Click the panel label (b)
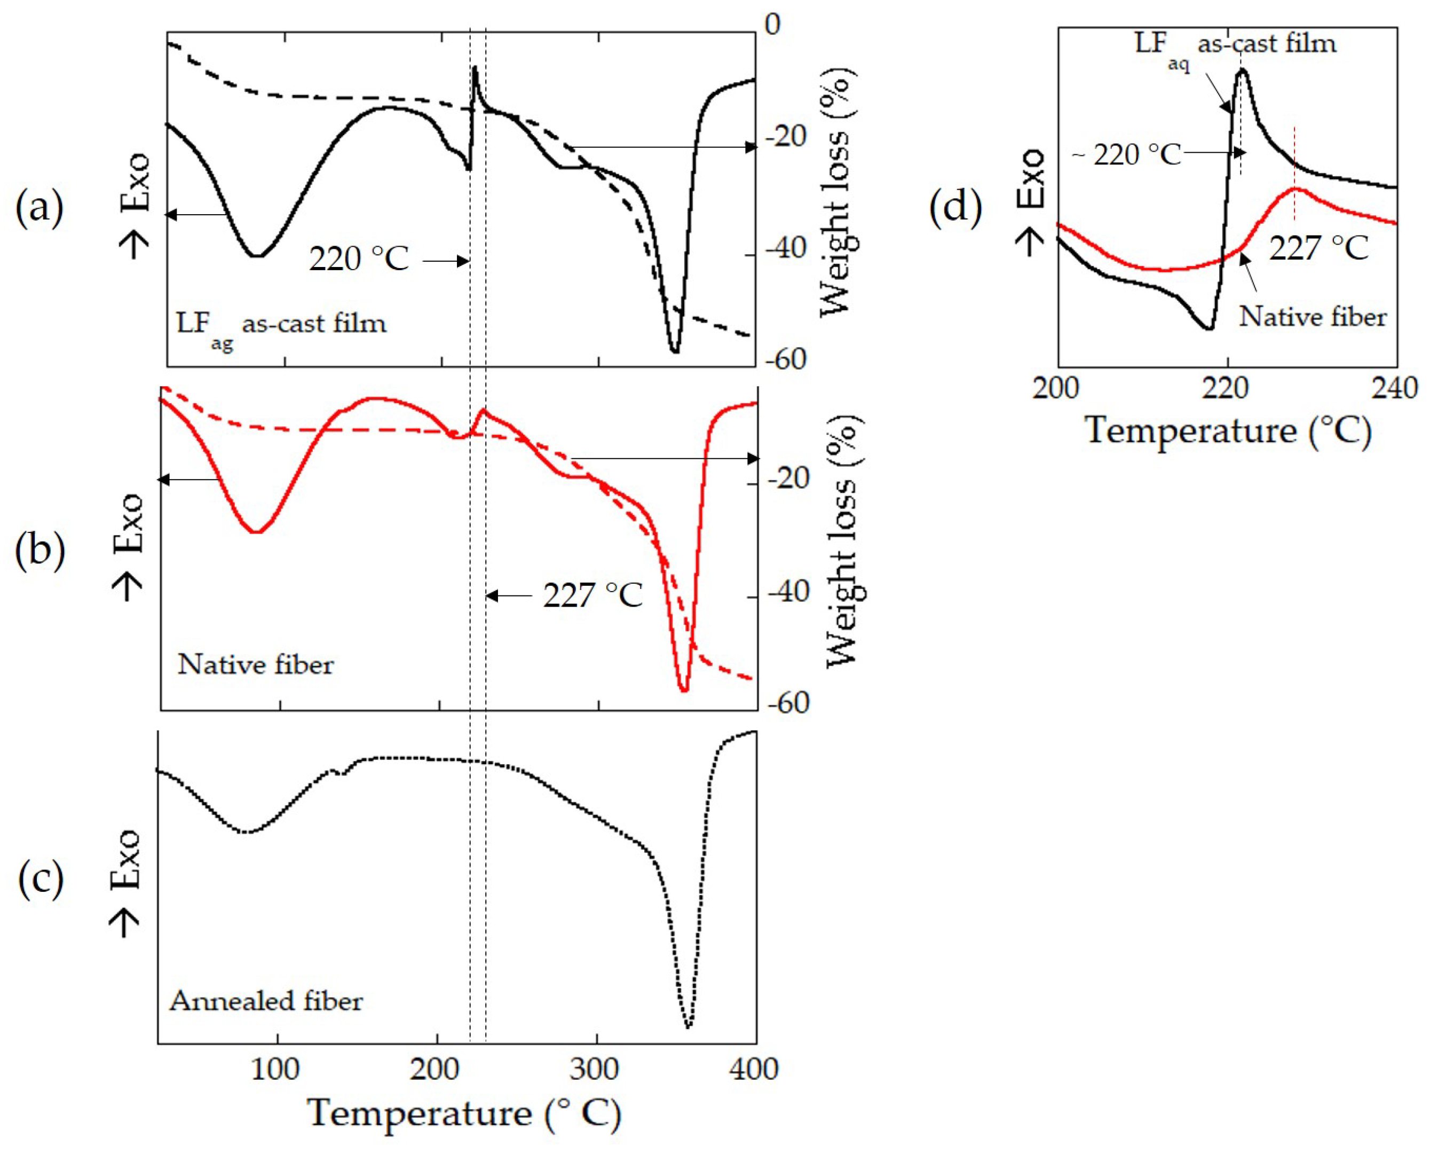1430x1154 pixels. (x=40, y=551)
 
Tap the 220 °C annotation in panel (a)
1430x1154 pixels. (x=359, y=259)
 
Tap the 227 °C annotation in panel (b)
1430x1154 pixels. (x=592, y=595)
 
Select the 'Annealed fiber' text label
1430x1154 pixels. (x=266, y=1000)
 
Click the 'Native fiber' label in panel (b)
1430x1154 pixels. (x=255, y=664)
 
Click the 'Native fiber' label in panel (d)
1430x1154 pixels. (x=1313, y=317)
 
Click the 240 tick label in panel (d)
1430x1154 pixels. (x=1394, y=388)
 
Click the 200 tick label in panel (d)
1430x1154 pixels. (x=1056, y=388)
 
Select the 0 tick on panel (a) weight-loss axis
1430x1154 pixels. (x=772, y=25)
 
